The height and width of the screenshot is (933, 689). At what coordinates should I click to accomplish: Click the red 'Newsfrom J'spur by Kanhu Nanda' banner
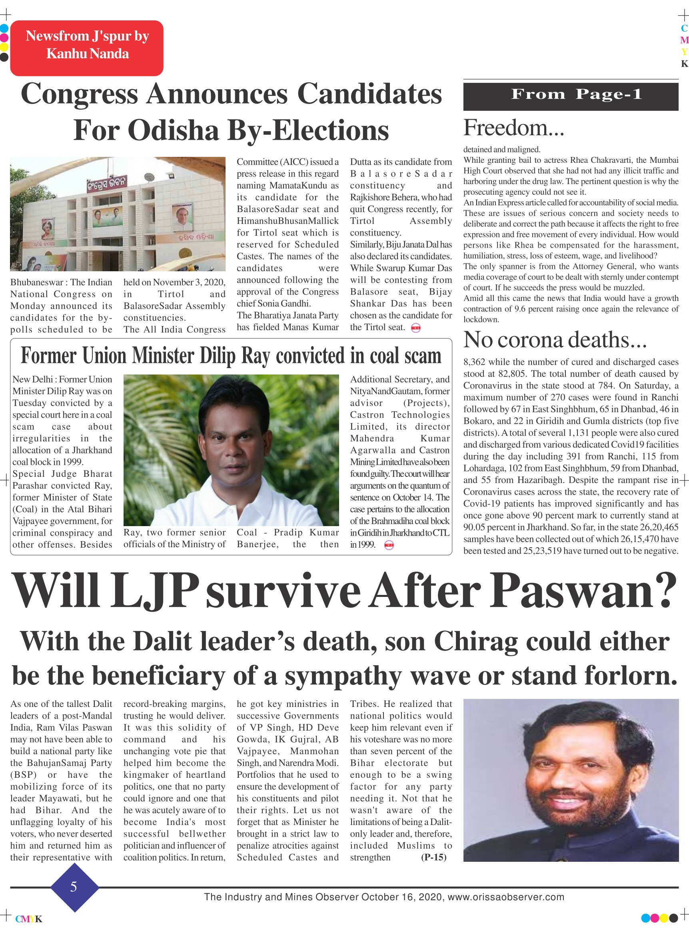pos(87,48)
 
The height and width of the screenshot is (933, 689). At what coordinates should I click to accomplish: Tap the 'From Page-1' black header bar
pos(571,96)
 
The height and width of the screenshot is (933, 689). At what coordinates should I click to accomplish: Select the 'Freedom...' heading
pos(513,128)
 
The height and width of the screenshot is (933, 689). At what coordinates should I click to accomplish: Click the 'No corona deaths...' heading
pos(555,340)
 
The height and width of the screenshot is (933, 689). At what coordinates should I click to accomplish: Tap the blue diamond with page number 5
pos(74,886)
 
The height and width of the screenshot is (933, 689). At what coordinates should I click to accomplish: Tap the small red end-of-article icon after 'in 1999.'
pos(389,545)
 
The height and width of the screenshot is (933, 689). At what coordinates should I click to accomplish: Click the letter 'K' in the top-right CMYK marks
pos(684,64)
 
